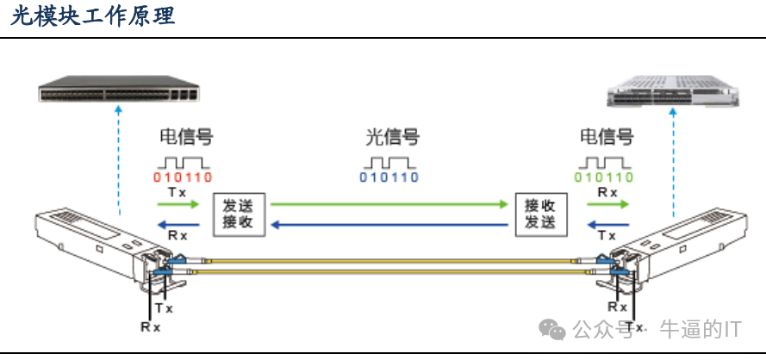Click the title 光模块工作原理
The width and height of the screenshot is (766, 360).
[x=93, y=16]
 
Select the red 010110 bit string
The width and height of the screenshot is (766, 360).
[x=183, y=177]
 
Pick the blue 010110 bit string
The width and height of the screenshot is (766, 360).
[x=389, y=177]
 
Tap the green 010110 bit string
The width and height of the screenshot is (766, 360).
[x=604, y=177]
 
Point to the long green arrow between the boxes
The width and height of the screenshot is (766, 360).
[x=389, y=205]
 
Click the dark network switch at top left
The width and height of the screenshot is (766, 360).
[x=116, y=90]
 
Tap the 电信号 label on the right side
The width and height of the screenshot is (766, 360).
[x=606, y=137]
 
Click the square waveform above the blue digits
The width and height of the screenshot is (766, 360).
[x=389, y=161]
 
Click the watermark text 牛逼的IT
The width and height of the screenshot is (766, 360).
[x=700, y=329]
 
